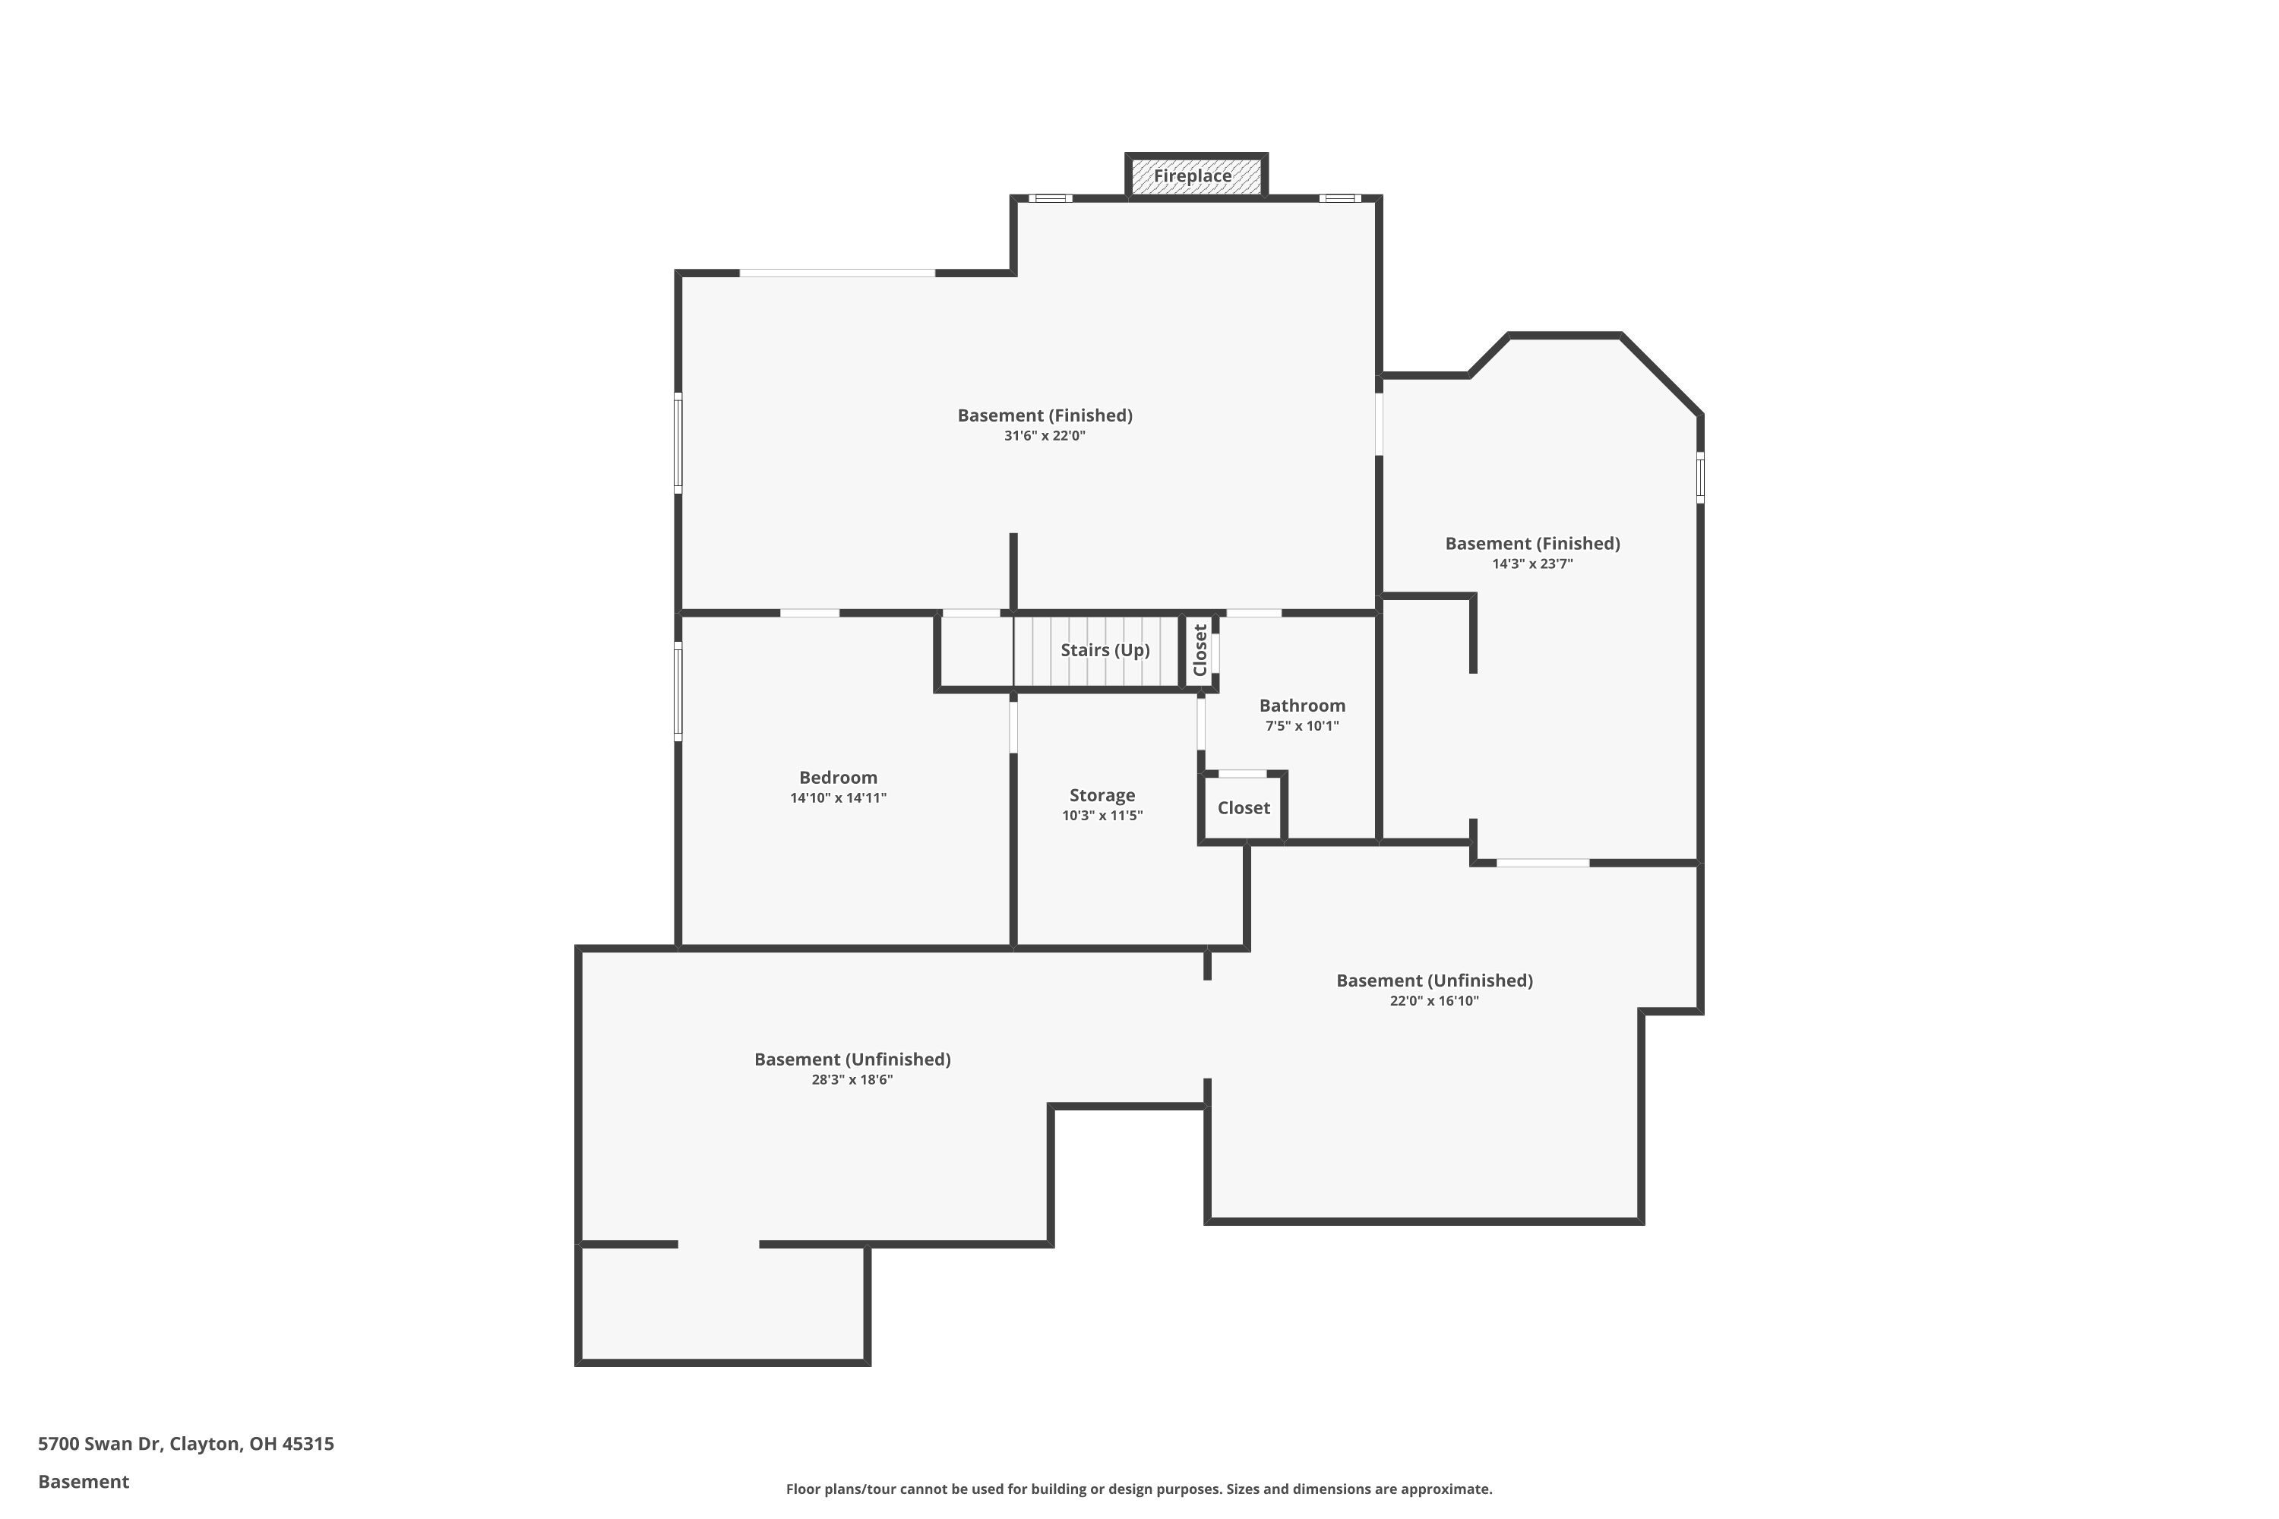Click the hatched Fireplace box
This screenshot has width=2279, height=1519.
pos(1196,176)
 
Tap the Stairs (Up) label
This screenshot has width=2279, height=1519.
pos(1105,650)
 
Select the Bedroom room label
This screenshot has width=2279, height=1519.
pos(838,778)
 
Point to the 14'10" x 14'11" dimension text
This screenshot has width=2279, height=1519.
pos(838,798)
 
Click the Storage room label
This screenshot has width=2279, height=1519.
pos(1102,795)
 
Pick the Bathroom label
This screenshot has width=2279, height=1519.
pos(1301,706)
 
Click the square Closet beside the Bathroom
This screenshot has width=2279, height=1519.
pos(1243,808)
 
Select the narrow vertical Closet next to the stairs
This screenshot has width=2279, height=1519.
pos(1200,650)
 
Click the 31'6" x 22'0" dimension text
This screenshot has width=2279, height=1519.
pos(1045,436)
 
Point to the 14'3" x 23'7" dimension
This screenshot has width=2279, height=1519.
pos(1532,564)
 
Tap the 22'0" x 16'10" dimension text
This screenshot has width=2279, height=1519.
pos(1434,1001)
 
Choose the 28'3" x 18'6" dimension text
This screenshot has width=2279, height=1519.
pos(852,1080)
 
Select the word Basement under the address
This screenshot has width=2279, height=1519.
pos(84,1481)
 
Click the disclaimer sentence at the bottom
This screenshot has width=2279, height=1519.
pos(1139,1489)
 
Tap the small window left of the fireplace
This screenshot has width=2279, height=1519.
pos(1051,198)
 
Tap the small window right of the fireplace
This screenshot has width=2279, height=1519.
pos(1340,198)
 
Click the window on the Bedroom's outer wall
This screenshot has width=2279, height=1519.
pos(678,692)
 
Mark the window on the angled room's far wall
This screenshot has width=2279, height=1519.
pos(1699,477)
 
